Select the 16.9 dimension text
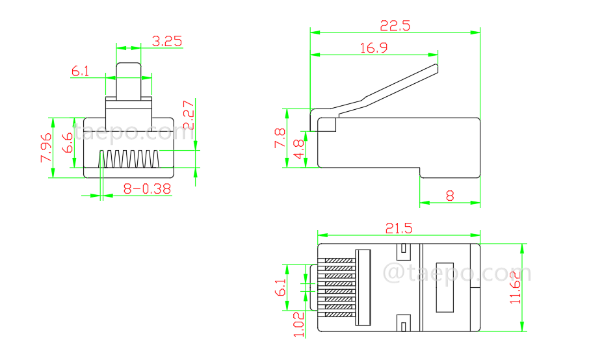[373, 47]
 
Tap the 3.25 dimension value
[166, 41]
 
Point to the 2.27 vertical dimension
[187, 116]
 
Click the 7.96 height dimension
[46, 148]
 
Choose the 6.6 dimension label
[68, 143]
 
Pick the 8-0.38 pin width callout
[147, 188]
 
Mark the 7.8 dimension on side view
[280, 138]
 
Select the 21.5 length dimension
[399, 228]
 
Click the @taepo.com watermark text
[457, 272]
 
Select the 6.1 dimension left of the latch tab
[81, 71]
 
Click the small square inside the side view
[327, 124]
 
